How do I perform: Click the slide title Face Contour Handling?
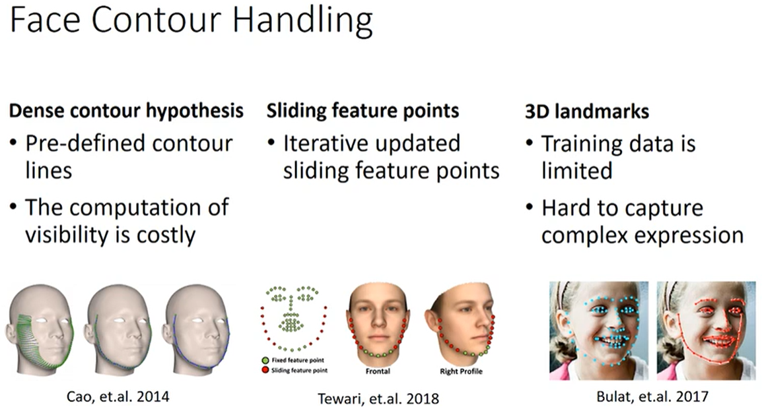(x=191, y=22)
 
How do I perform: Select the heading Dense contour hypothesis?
(x=126, y=111)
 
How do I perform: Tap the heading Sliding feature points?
(x=363, y=111)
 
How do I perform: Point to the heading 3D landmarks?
(x=586, y=111)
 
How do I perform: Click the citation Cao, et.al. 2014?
(x=118, y=396)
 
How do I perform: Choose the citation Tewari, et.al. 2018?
(x=378, y=398)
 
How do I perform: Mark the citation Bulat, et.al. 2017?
(x=652, y=396)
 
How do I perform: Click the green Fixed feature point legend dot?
(x=265, y=360)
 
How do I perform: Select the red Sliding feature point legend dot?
(x=265, y=370)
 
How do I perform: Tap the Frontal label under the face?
(x=378, y=371)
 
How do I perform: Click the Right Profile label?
(x=461, y=371)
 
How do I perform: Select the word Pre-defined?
(x=85, y=144)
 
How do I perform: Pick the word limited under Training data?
(x=577, y=171)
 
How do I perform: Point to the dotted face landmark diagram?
(x=294, y=318)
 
